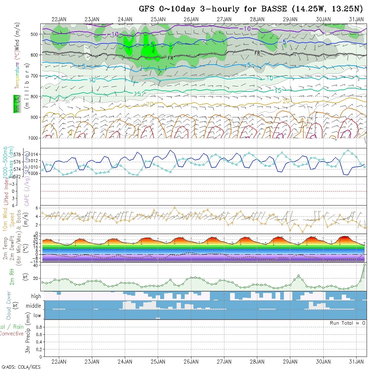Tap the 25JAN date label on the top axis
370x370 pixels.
pyautogui.click(x=158, y=19)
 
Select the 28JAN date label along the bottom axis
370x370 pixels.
pyautogui.click(x=257, y=362)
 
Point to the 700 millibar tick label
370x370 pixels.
pyautogui.click(x=34, y=76)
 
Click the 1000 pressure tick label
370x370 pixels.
pyautogui.click(x=33, y=138)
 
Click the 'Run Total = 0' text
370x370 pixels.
pyautogui.click(x=347, y=323)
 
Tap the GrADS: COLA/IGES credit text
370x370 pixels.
pyautogui.click(x=21, y=367)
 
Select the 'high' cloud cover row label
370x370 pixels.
pyautogui.click(x=36, y=296)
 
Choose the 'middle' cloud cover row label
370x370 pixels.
pyautogui.click(x=34, y=306)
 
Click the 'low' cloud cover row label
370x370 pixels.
pyautogui.click(x=37, y=316)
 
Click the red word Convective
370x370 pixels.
pyautogui.click(x=11, y=334)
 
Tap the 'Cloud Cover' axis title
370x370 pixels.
pyautogui.click(x=9, y=305)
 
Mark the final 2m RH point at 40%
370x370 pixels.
pyautogui.click(x=364, y=265)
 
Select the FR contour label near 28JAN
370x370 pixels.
pyautogui.click(x=257, y=53)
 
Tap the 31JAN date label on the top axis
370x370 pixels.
pyautogui.click(x=356, y=19)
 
